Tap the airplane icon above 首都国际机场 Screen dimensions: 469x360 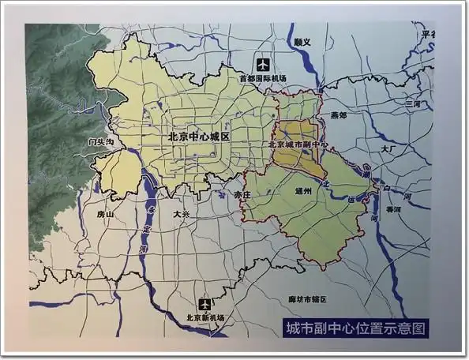point(261,65)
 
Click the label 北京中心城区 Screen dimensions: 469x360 point(198,136)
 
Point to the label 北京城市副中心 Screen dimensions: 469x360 point(298,145)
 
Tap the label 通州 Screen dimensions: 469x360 point(304,191)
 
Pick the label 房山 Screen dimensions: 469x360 point(105,214)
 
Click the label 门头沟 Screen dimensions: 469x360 point(102,142)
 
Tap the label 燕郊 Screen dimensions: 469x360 point(338,115)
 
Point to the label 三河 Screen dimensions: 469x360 point(412,103)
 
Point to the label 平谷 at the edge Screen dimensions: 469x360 point(429,34)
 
